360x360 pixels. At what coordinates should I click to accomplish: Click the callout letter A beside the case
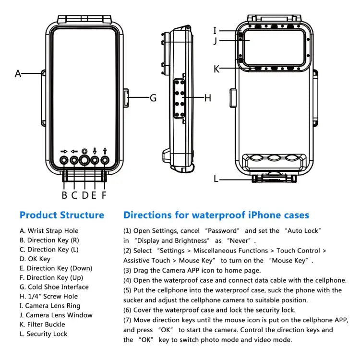click(x=18, y=73)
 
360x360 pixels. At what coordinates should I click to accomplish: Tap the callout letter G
click(x=153, y=98)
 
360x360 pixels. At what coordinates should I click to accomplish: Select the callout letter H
click(x=208, y=98)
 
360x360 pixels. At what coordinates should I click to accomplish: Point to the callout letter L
click(x=216, y=179)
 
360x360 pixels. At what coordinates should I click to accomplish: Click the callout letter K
click(x=216, y=69)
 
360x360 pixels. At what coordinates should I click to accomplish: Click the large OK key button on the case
click(x=84, y=160)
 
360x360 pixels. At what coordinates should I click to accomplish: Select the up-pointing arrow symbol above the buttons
click(x=105, y=151)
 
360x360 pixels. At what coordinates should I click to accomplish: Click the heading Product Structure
click(x=61, y=215)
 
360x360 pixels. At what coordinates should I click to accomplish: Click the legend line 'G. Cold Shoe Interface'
click(x=54, y=287)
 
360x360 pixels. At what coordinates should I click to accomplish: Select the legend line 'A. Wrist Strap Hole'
click(x=49, y=231)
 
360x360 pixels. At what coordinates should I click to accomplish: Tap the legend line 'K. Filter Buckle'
click(x=42, y=324)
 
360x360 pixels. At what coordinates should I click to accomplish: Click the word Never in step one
click(x=239, y=240)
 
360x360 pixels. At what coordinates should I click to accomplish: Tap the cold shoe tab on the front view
click(x=127, y=98)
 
